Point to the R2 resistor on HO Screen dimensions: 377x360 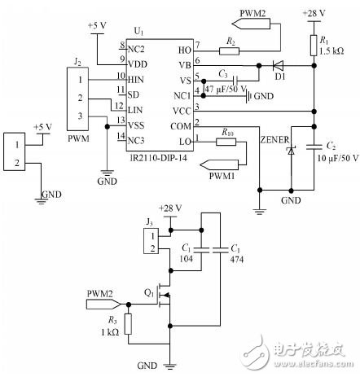point(231,50)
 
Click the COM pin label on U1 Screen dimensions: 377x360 point(182,125)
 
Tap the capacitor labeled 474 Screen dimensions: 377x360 point(219,254)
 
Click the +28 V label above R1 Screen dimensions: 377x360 point(314,14)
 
